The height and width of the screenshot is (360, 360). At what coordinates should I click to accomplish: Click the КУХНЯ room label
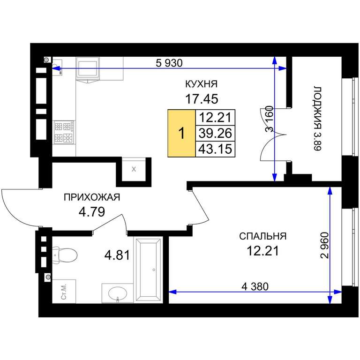coord(201,84)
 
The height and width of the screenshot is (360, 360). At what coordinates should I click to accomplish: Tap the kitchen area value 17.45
coord(202,99)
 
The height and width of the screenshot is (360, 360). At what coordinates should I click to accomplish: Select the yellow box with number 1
coord(181,133)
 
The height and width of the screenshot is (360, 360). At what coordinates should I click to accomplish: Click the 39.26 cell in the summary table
coord(215,133)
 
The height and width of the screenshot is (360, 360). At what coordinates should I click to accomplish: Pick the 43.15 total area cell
coord(215,149)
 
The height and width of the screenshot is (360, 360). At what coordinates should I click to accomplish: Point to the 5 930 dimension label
coord(169,63)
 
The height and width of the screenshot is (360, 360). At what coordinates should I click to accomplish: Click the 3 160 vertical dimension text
coord(269,119)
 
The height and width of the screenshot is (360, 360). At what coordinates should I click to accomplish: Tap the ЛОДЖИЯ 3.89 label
coord(317,119)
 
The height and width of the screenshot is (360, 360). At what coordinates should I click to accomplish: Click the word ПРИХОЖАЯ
coord(92,197)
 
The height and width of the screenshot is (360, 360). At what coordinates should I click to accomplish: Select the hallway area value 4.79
coord(92,212)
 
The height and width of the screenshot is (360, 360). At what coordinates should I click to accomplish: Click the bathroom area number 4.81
coord(117,255)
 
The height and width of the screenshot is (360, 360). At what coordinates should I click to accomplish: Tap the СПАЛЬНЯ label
coord(262,236)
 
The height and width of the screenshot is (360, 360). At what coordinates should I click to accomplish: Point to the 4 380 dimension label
coord(255,286)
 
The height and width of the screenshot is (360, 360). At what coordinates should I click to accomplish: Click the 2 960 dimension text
coord(325,246)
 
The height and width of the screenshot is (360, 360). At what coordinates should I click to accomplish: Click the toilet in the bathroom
coord(65,255)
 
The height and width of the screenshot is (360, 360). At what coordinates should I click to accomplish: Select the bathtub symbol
coord(148,270)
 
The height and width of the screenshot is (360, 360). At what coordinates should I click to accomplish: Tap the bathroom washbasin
coord(117,293)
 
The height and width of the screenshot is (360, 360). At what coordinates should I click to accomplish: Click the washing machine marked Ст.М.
coord(64,292)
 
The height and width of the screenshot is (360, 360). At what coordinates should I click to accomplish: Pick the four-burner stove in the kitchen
coord(64,133)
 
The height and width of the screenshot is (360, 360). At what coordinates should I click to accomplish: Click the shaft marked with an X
coord(134,169)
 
